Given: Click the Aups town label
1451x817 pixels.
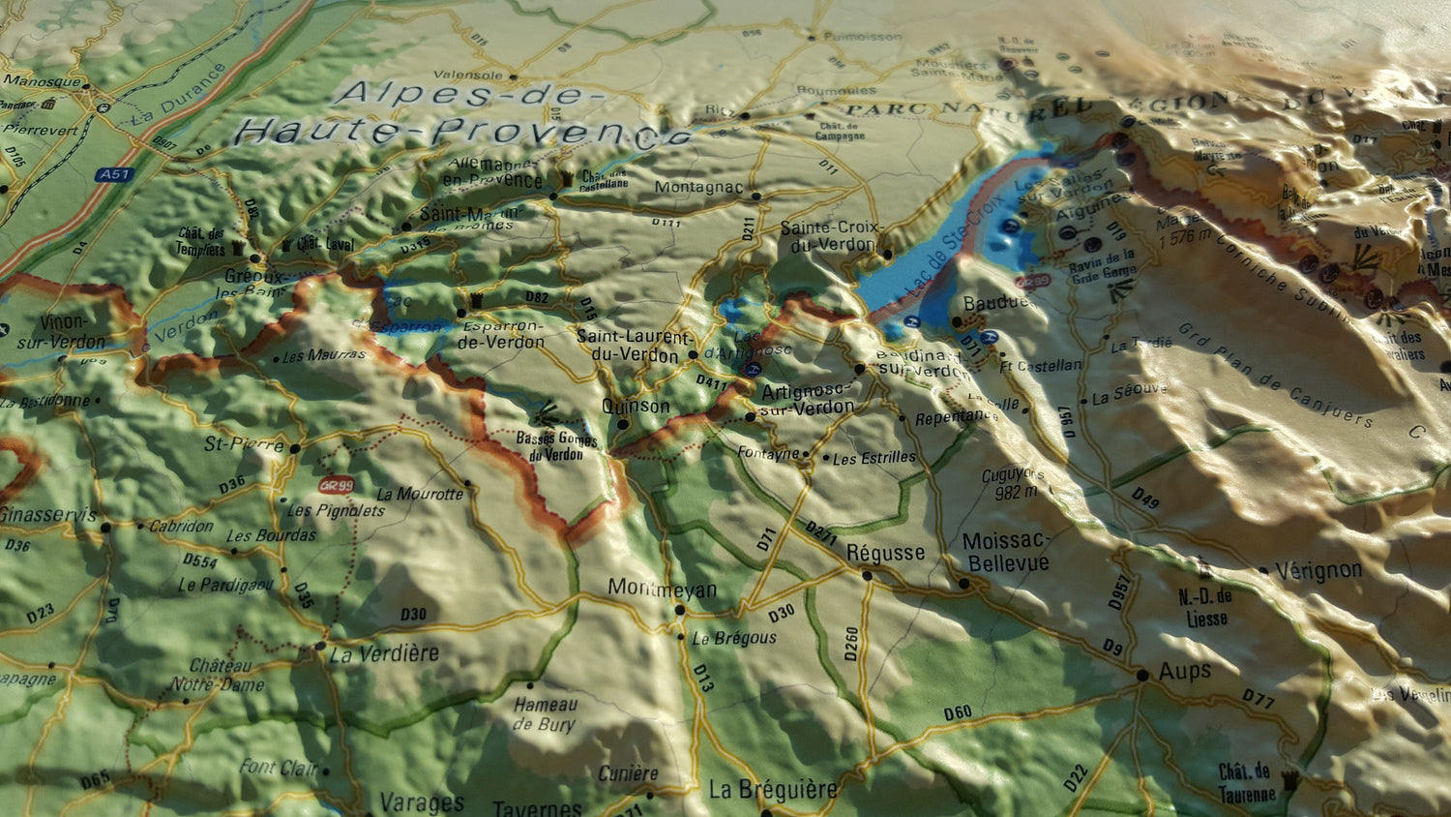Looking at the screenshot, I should [1185, 671].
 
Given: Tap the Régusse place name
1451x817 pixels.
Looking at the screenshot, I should [885, 553].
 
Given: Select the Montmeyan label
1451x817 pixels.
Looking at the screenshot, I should [663, 589].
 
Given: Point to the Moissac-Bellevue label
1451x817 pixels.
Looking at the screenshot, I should [1006, 552].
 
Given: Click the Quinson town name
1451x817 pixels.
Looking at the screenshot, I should [636, 407].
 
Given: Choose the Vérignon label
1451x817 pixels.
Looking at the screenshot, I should [1318, 570].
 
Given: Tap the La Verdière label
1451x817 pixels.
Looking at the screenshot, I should [384, 654].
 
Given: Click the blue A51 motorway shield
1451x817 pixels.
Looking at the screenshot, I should [113, 175].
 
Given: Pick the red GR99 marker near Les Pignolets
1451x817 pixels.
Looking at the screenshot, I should [336, 485].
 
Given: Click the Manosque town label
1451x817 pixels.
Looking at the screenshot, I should [43, 81].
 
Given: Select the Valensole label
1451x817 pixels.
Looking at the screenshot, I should [468, 75].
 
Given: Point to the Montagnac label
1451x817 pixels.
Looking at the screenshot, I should [698, 187].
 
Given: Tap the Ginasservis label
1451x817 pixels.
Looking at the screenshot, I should [48, 515].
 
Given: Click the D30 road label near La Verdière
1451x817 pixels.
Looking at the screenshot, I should [413, 614].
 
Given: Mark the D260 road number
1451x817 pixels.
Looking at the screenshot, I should [851, 644].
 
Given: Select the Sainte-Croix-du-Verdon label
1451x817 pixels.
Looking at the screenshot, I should [831, 236].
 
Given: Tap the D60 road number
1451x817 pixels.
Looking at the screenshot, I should [957, 713].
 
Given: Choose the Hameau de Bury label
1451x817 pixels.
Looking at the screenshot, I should [546, 714].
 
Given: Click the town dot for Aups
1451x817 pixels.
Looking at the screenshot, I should [1142, 675].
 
